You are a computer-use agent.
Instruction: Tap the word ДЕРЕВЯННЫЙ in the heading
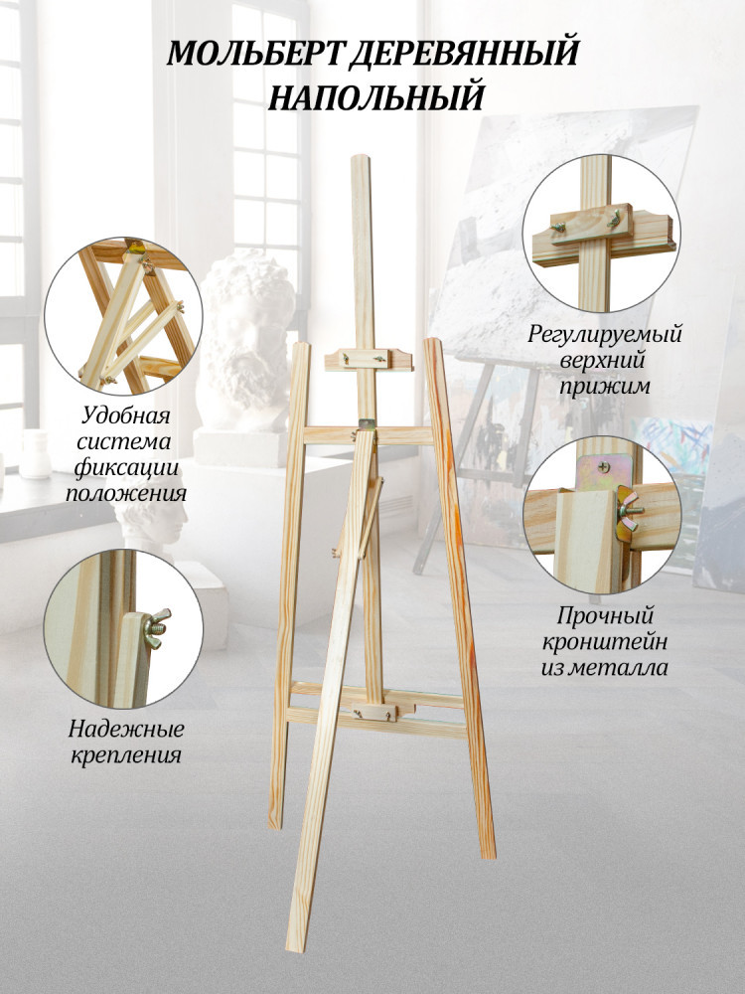[464, 54]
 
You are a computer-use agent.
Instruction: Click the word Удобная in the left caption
[126, 415]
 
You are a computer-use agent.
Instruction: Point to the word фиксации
[126, 468]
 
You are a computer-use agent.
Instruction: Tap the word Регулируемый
[604, 333]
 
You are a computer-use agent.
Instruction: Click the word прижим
[604, 386]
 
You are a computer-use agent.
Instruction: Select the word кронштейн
[604, 641]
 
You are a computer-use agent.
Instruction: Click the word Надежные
[126, 729]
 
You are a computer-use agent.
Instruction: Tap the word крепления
[126, 755]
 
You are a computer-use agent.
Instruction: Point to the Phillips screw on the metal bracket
[601, 466]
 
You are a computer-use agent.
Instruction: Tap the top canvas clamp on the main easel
[369, 360]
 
